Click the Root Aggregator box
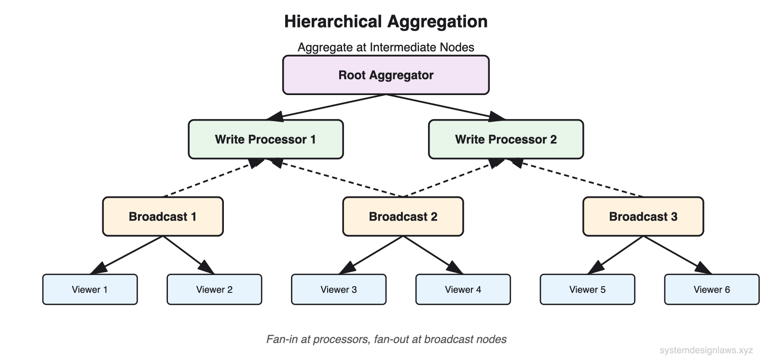point(386,75)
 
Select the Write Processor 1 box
point(265,139)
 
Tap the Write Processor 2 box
point(506,139)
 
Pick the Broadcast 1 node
point(163,217)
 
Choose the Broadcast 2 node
point(403,217)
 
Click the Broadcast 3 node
point(643,217)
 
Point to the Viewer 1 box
point(90,290)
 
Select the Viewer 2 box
point(214,290)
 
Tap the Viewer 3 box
point(339,290)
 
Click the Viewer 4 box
point(463,290)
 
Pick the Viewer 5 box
point(587,290)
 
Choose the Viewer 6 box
point(712,290)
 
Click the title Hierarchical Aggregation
point(386,22)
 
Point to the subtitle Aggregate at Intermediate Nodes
point(386,47)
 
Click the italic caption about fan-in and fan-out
point(386,339)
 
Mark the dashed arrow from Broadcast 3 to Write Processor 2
point(579,179)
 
